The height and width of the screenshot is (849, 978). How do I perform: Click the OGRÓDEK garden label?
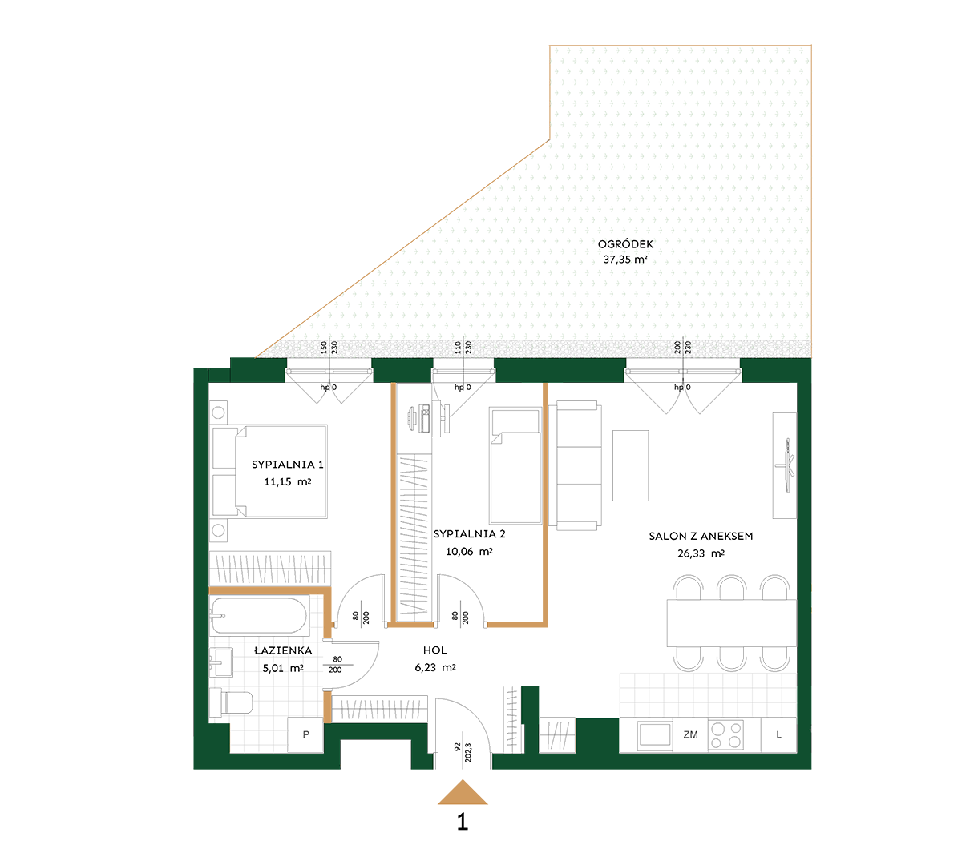click(x=625, y=244)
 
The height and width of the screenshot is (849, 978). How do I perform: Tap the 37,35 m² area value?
click(x=625, y=260)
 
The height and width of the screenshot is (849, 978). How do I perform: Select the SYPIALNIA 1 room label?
click(x=287, y=464)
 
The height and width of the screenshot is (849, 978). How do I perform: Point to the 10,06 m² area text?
click(x=469, y=552)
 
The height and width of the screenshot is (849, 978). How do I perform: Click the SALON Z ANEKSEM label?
click(x=701, y=537)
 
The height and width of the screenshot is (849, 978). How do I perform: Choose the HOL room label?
click(x=435, y=650)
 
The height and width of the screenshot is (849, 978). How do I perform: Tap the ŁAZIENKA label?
click(x=283, y=650)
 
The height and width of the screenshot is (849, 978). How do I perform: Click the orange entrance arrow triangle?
click(x=463, y=792)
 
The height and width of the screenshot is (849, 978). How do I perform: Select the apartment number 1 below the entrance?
click(x=463, y=822)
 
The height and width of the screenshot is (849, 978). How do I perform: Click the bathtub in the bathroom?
click(x=258, y=615)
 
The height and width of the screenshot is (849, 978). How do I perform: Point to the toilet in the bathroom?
click(x=231, y=702)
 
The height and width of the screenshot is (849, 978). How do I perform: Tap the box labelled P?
click(x=305, y=735)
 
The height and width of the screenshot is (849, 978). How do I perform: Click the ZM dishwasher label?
click(x=690, y=735)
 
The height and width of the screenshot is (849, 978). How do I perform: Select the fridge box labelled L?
click(x=778, y=735)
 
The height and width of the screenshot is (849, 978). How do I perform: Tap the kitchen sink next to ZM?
click(x=655, y=734)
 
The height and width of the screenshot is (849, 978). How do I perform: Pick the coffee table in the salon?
click(x=631, y=465)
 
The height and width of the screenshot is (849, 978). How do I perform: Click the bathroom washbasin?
click(x=221, y=662)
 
